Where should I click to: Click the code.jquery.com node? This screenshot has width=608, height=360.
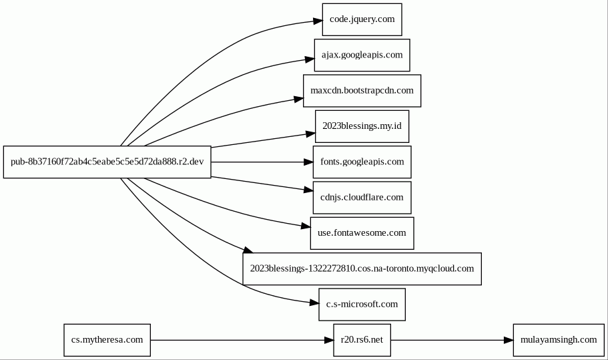click(x=362, y=19)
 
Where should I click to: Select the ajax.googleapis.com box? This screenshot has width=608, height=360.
click(x=362, y=55)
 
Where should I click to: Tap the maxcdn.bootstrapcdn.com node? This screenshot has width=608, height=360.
click(x=362, y=91)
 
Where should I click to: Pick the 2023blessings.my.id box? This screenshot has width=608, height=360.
click(x=362, y=126)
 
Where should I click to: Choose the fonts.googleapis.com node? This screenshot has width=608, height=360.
click(x=362, y=162)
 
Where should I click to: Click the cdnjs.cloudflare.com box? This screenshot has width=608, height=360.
click(x=362, y=198)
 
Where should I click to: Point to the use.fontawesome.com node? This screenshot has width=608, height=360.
click(x=362, y=233)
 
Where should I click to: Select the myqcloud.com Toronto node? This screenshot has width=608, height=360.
click(x=362, y=269)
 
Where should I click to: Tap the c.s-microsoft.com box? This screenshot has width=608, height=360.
click(x=362, y=305)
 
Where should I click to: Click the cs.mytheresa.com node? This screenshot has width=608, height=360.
click(x=107, y=340)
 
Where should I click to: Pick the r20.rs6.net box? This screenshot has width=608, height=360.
click(x=362, y=340)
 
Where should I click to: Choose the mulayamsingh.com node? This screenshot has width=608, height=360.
click(x=559, y=340)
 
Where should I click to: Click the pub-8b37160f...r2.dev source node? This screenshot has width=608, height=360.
click(x=107, y=162)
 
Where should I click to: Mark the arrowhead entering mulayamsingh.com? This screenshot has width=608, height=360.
click(x=509, y=340)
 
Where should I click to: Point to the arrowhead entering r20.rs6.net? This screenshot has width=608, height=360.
click(x=329, y=340)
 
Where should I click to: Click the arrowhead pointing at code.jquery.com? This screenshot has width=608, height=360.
click(x=318, y=21)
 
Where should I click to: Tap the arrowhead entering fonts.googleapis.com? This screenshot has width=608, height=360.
click(x=308, y=162)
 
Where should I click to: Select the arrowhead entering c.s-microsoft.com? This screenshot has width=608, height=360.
click(x=314, y=303)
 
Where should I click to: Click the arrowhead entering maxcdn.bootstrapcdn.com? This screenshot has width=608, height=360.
click(x=298, y=100)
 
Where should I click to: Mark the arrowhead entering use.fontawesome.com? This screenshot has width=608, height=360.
click(x=306, y=226)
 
